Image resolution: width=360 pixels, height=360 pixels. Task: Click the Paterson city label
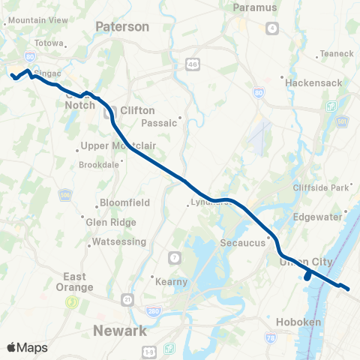coord(122,26)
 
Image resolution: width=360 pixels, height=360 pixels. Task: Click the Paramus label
coord(255,7)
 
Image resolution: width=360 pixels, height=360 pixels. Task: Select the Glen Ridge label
coord(112,222)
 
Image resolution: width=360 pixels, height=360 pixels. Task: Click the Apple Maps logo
coord(27,347)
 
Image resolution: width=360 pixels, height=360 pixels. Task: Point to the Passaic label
coord(159,122)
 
